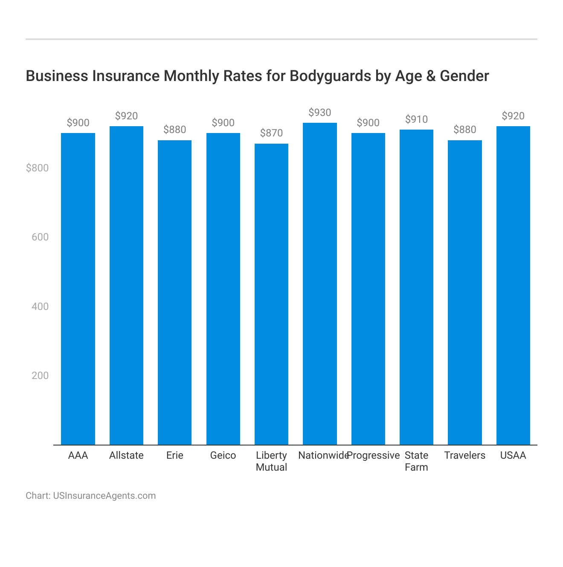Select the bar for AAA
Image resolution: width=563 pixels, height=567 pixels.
pos(78,289)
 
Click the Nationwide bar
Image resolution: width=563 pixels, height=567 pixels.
pos(320,284)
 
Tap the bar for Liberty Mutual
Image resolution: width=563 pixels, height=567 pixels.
pos(271,294)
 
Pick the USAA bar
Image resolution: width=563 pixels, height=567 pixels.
pos(513,286)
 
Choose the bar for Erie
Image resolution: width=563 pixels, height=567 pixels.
pos(174,292)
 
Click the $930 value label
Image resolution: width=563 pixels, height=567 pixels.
pos(320,113)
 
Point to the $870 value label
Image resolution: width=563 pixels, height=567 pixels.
pos(271,133)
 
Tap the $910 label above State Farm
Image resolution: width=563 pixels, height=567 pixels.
pos(416,119)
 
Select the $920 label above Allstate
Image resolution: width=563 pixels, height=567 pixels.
pos(126,116)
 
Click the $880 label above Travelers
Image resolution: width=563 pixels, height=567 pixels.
pos(465,130)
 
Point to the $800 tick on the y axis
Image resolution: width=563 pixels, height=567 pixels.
pos(38,168)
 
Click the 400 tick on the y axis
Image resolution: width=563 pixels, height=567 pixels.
pos(40,307)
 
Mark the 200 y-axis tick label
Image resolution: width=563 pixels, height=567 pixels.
pos(40,376)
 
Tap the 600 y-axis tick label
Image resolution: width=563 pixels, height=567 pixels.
pos(40,237)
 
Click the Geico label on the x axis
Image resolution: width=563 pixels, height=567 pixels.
pos(223,455)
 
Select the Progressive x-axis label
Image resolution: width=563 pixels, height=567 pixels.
pos(374,455)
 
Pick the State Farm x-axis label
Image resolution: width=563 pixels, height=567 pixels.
pos(416,461)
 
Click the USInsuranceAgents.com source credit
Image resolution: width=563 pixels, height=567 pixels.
pos(104,496)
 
